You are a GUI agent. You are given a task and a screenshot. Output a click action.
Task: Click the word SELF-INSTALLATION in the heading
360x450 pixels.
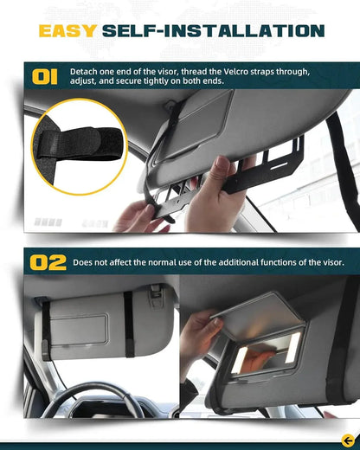coord(213,31)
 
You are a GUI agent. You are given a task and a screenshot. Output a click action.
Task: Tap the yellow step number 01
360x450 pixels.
coord(45,76)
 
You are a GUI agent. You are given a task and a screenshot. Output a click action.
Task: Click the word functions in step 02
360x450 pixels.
coord(269,261)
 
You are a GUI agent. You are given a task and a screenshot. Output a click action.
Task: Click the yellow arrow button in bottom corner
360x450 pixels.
coord(347,439)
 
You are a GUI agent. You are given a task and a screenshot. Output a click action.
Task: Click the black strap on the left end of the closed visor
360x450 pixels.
coord(42,333)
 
